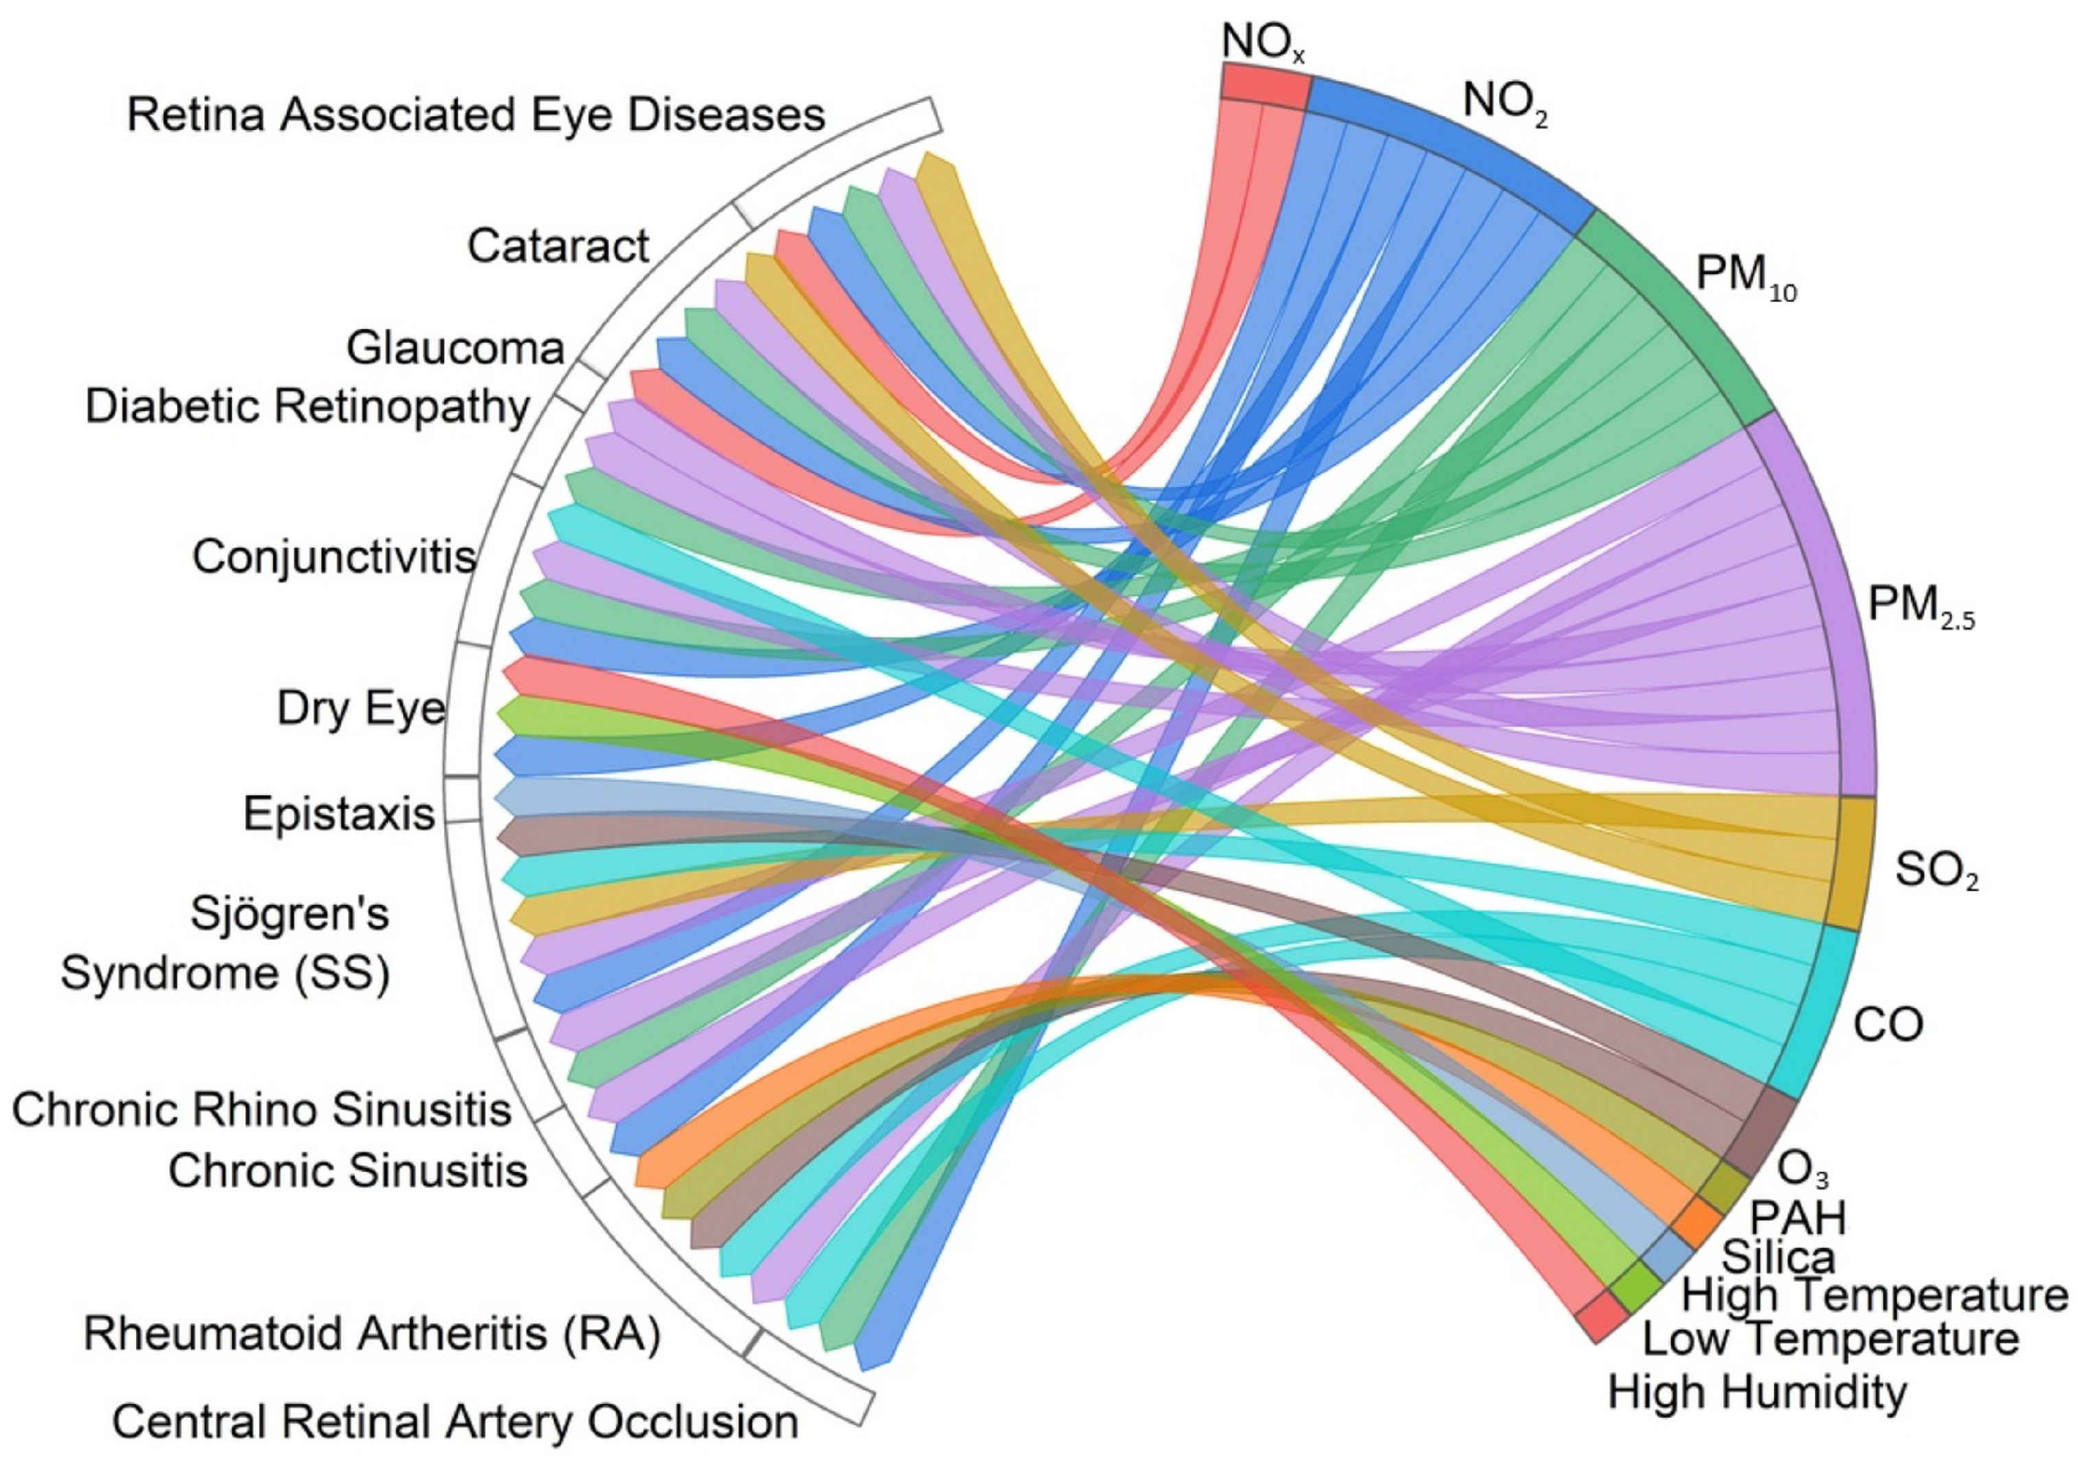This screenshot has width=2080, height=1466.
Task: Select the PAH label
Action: (1797, 1217)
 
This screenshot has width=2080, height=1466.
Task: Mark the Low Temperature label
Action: (1831, 1339)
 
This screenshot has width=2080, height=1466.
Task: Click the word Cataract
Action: (558, 246)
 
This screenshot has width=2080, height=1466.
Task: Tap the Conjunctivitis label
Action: (334, 556)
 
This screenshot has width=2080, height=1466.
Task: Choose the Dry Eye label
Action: (360, 709)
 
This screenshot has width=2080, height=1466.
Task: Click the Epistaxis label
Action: (339, 814)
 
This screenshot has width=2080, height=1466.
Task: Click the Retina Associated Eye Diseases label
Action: (476, 115)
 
